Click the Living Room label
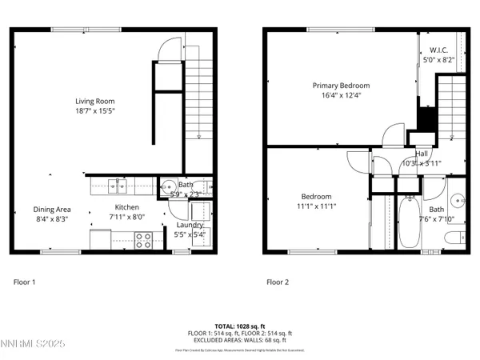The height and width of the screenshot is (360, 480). pos(94,102)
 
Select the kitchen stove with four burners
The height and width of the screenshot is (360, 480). pos(144,240)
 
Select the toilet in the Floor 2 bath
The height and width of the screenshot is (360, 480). pos(454,237)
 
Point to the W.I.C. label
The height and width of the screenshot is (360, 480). pos(438,50)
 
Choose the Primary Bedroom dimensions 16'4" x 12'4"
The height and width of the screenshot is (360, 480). pos(341,95)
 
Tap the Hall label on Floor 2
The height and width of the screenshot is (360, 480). pos(422,154)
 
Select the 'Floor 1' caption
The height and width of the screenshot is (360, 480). pos(25,282)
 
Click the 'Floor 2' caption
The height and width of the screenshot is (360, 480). pos(277,282)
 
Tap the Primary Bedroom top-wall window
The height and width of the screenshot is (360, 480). pos(328,30)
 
